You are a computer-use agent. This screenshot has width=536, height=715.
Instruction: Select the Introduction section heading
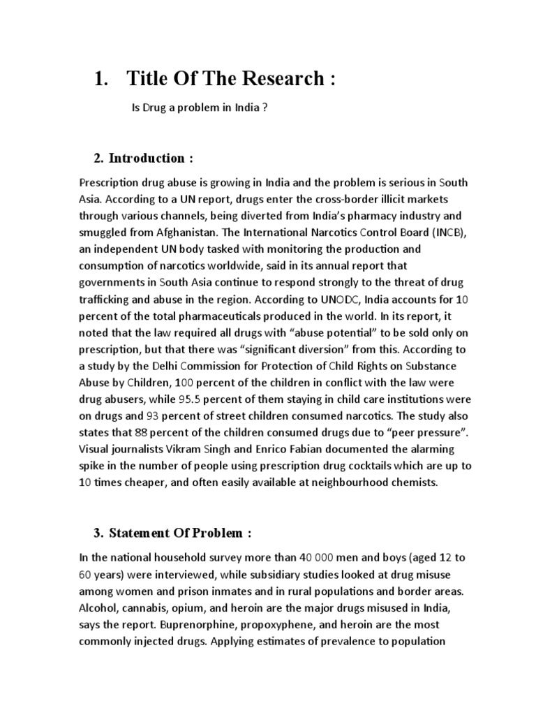click(146, 159)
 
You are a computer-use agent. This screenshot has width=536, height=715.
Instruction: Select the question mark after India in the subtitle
click(265, 109)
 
